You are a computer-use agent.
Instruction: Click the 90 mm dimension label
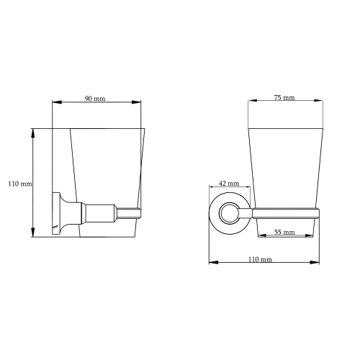(x=95, y=99)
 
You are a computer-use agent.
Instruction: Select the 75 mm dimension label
(x=284, y=97)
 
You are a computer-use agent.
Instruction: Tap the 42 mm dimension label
(x=229, y=184)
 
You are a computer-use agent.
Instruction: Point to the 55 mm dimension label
(x=284, y=232)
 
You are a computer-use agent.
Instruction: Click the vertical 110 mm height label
(x=20, y=184)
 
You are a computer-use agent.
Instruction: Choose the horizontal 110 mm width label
(x=260, y=259)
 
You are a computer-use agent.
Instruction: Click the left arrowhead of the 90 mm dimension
(x=57, y=102)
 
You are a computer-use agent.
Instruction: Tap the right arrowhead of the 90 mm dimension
(x=136, y=102)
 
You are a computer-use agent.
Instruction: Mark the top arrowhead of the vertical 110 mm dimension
(x=33, y=133)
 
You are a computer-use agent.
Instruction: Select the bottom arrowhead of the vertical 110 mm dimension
(x=33, y=233)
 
